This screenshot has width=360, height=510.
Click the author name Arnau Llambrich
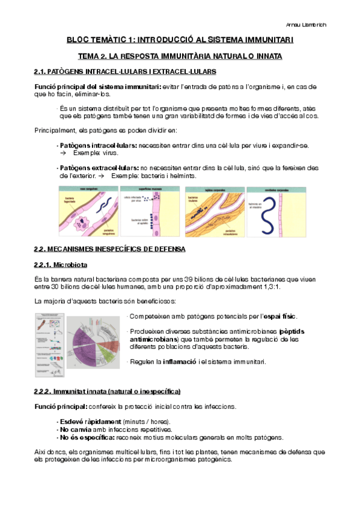[326, 25]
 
